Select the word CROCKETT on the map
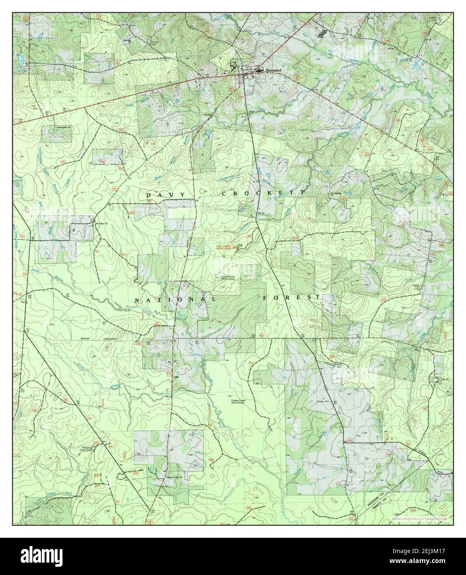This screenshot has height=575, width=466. pos(263,193)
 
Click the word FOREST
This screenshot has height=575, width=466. pos(291,297)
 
